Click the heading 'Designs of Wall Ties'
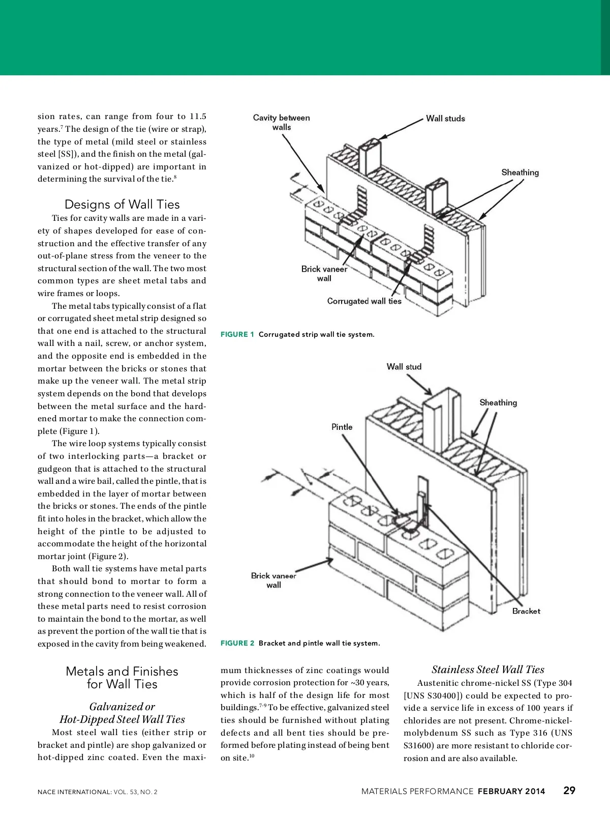122,205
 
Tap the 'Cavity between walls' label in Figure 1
281,123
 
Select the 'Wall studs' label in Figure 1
445,119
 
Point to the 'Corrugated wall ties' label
364,301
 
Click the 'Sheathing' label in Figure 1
520,172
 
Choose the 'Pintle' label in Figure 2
342,427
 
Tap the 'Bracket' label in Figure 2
526,611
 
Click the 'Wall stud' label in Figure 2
404,367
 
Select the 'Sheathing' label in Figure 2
498,402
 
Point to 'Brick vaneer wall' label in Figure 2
273,580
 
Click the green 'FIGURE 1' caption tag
237,334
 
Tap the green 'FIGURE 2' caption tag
237,643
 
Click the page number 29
569,790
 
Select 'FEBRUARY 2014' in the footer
511,791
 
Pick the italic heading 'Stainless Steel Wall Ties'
488,669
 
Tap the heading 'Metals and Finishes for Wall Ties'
122,678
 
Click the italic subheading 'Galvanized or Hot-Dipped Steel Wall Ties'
122,713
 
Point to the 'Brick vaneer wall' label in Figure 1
324,274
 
